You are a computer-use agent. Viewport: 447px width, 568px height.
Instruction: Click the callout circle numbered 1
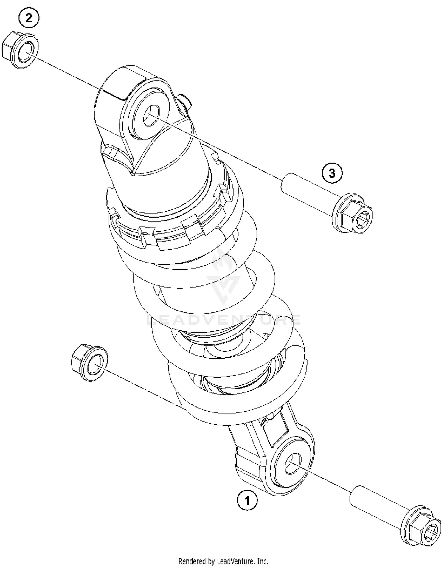pos(247,500)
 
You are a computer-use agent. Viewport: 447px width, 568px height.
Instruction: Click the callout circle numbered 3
pos(332,173)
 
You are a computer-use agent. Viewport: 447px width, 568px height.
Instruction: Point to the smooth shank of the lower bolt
pos(375,507)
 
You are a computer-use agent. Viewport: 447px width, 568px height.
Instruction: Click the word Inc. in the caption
pos(263,561)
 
